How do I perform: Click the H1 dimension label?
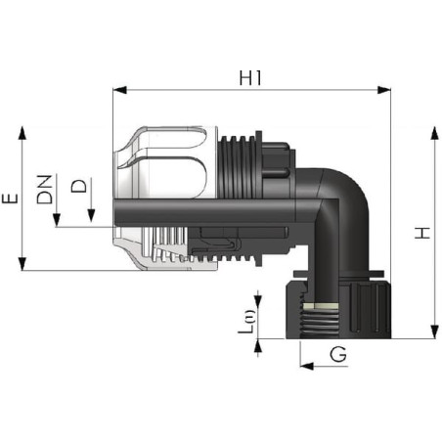250,78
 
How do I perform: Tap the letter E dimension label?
10,199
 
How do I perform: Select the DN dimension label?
45,190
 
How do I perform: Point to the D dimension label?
79,186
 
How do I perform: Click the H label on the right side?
422,233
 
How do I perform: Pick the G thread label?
338,354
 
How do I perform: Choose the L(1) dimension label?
246,322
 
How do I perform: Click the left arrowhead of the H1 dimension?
119,90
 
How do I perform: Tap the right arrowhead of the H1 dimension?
383,90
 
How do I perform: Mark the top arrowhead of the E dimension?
22,133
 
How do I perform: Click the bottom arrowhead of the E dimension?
22,264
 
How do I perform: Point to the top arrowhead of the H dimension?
434,134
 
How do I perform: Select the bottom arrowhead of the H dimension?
434,331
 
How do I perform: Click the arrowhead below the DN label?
57,220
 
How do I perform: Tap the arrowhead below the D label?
91,216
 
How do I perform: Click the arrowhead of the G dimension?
307,366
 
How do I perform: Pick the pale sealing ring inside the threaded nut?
320,306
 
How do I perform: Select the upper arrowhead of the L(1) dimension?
258,301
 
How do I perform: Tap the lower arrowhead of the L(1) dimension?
258,346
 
